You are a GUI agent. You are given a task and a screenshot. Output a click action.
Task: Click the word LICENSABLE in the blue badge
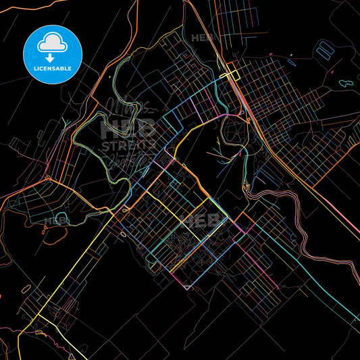pos(52,68)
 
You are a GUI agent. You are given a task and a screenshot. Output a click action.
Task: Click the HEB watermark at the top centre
pos(202,38)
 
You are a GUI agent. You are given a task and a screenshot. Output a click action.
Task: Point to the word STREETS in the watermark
pos(128,145)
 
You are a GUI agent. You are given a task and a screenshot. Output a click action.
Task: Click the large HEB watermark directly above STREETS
pos(128,128)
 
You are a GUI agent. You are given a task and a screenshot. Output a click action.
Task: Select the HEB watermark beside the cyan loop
pos(54,220)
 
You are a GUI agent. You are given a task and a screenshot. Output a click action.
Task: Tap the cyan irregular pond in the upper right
pos(345,83)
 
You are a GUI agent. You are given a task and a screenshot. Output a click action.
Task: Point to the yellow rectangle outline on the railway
pos(233,75)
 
